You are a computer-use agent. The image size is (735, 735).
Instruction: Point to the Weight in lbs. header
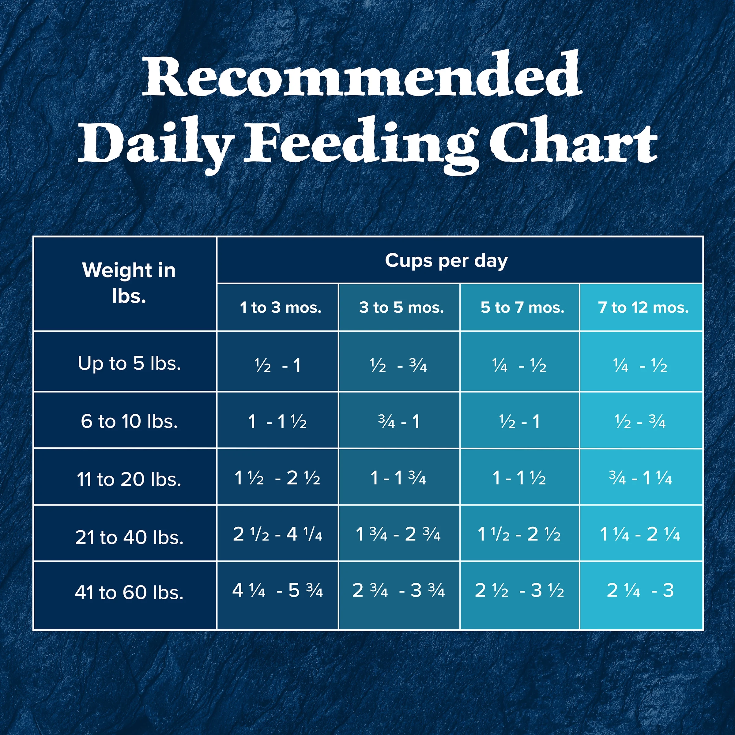[129, 283]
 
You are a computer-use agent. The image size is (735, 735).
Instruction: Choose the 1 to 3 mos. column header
[281, 307]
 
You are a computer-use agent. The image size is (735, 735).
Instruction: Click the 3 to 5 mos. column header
[401, 307]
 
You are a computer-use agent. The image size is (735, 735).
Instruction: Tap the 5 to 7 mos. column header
[522, 307]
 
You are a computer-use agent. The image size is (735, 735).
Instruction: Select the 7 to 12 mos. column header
[643, 307]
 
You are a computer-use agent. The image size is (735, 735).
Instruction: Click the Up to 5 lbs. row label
[129, 363]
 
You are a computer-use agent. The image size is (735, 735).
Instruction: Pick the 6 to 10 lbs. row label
[129, 421]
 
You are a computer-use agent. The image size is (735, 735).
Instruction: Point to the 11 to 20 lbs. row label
[129, 479]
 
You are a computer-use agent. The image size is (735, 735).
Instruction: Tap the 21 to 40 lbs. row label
[129, 537]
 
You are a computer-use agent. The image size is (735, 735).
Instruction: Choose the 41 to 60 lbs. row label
[129, 592]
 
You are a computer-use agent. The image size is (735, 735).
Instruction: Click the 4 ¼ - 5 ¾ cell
[277, 590]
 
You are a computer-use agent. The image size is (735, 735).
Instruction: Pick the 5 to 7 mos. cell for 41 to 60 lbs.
[519, 590]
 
